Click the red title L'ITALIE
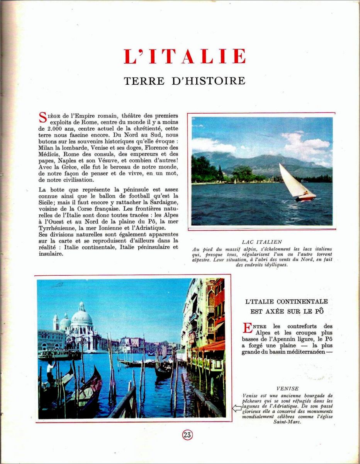[x=185, y=56]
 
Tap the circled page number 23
[x=187, y=435]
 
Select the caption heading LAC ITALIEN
[x=262, y=242]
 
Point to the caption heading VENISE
[x=287, y=389]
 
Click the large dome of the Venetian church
[x=82, y=318]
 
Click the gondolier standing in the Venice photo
[x=51, y=371]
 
